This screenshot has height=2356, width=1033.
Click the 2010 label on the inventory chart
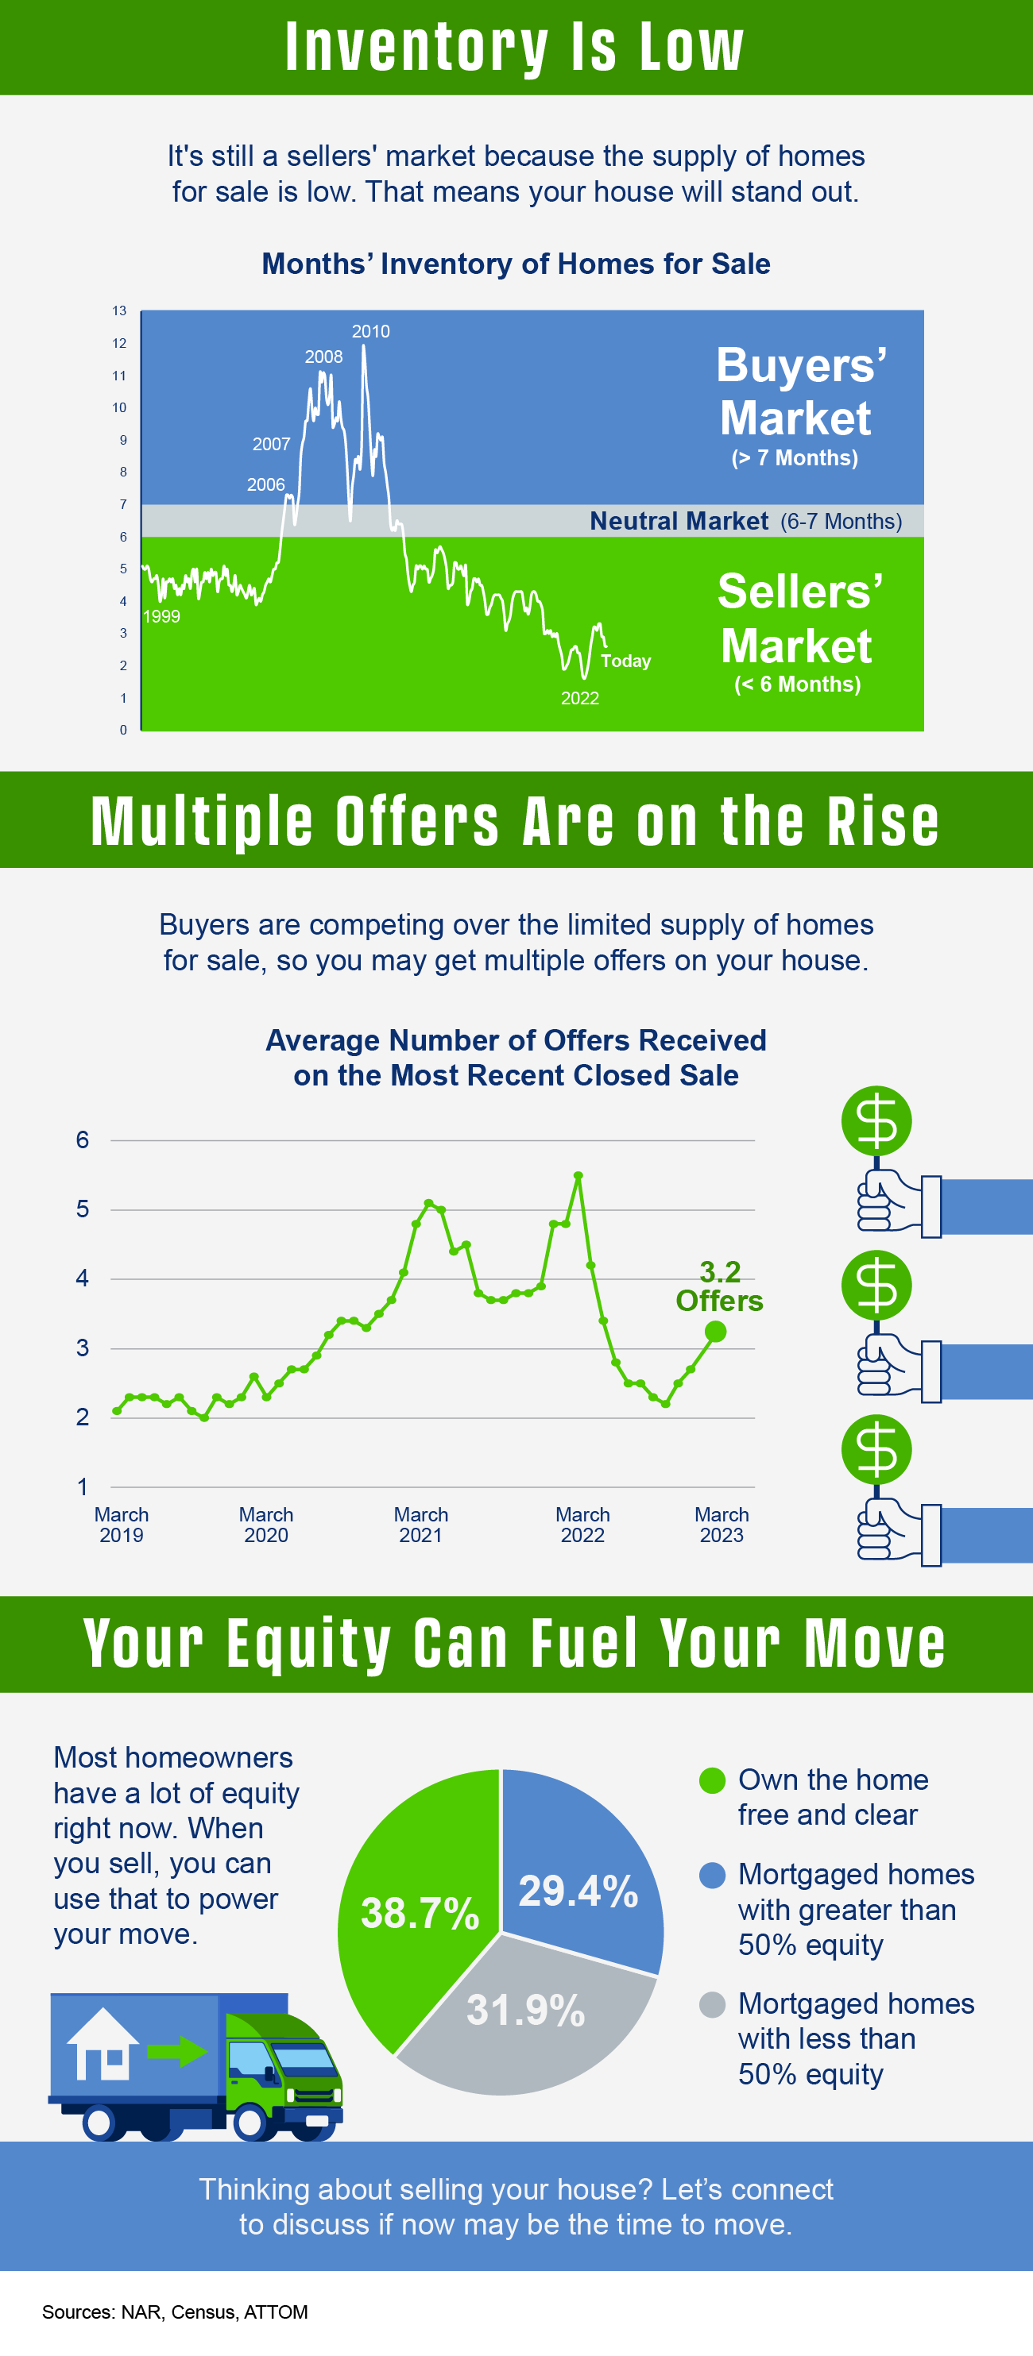point(370,331)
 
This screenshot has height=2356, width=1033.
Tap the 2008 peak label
point(324,357)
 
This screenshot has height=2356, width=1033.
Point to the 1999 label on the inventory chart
point(161,616)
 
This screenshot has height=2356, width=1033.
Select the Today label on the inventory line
point(626,661)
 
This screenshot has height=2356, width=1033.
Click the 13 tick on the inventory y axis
point(119,311)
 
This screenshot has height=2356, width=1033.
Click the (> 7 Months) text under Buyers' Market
point(795,457)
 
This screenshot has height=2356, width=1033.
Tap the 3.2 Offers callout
point(719,1286)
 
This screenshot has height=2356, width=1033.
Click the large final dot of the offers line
point(715,1332)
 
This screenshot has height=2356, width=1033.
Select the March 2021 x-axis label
point(421,1525)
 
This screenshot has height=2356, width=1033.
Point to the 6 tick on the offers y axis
point(83,1139)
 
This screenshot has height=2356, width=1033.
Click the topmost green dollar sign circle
point(876,1121)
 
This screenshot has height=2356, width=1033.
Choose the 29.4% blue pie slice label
point(578,1891)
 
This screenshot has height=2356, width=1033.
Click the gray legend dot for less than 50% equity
point(712,2005)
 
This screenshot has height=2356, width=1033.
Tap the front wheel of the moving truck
point(249,2122)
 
